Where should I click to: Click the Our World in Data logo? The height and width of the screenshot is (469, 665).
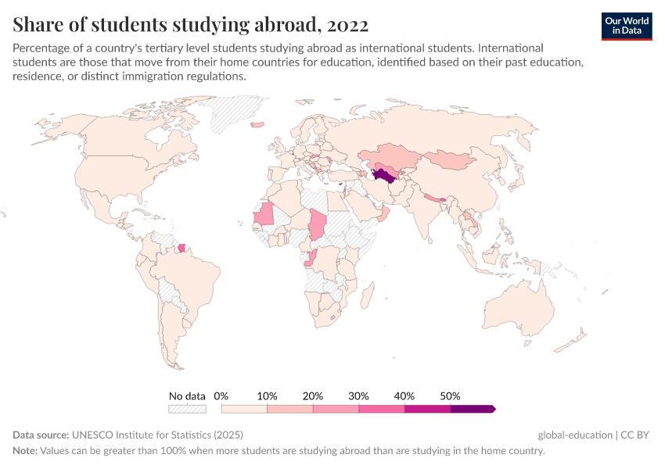click(626, 26)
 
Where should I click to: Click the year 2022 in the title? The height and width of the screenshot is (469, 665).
click(348, 25)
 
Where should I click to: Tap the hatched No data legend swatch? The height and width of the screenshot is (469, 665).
click(187, 409)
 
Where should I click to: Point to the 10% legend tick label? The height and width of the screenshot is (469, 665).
click(267, 396)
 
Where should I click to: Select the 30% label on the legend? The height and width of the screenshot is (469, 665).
click(358, 396)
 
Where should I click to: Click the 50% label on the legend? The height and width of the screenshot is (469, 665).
click(450, 396)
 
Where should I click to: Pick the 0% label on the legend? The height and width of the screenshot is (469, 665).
click(221, 396)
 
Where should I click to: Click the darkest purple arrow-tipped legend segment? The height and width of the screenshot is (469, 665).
click(473, 409)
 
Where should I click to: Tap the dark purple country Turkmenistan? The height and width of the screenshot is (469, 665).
click(383, 174)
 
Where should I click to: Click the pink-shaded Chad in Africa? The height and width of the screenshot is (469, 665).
click(318, 226)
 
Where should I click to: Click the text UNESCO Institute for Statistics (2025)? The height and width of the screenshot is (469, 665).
click(156, 435)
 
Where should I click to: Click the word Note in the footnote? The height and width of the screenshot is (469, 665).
click(26, 451)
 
